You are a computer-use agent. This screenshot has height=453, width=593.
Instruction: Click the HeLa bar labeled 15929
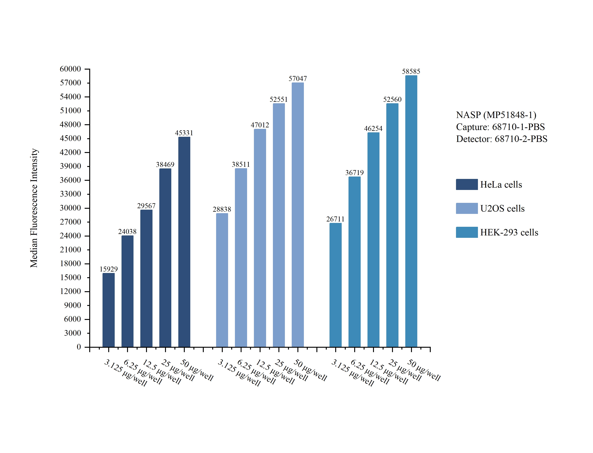pos(109,310)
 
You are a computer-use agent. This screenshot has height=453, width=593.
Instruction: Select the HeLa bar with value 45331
pos(184,242)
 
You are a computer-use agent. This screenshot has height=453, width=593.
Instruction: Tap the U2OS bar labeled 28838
pos(222,280)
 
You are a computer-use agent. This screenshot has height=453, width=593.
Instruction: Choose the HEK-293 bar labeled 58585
pos(411,211)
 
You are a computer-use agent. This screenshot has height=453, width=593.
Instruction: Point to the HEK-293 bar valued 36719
pos(354,262)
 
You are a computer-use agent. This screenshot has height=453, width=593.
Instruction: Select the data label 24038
pos(127,232)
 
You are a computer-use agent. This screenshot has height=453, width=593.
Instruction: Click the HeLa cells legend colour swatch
pos(467,184)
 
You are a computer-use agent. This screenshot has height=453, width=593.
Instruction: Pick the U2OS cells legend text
pos(502,208)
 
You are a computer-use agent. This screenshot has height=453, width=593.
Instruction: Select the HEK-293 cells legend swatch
pos(467,232)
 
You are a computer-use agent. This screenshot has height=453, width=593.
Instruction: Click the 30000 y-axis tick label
pos(70,208)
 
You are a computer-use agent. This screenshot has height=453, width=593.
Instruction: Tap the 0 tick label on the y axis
pos(79,347)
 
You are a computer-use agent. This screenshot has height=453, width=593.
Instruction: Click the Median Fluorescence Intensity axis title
pos(34,208)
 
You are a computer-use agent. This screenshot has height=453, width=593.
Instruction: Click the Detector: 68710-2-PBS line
pos(502,139)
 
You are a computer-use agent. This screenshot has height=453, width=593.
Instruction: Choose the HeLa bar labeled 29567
pos(146,279)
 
